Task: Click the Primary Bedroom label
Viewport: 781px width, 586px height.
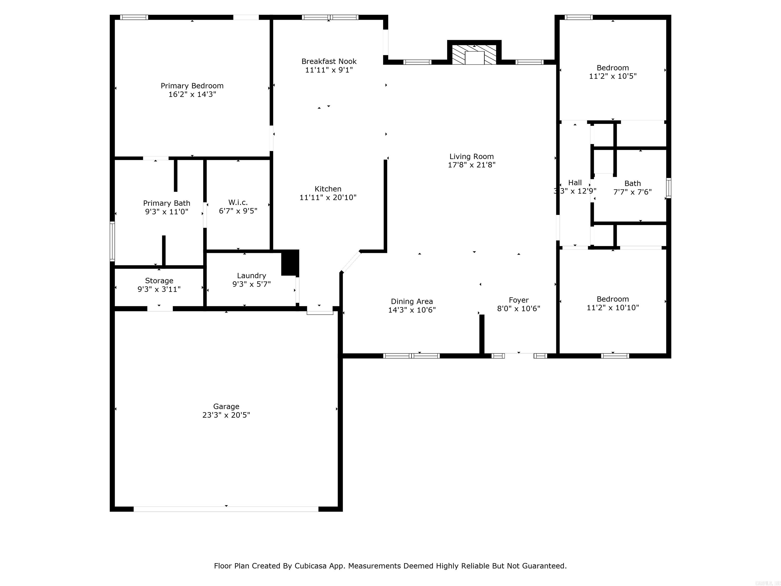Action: [192, 86]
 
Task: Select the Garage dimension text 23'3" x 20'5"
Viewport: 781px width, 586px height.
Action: [226, 415]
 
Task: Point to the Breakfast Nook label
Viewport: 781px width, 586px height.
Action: [329, 62]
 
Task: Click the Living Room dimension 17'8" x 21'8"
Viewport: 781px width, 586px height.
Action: [471, 165]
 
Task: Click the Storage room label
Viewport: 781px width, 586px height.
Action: [159, 281]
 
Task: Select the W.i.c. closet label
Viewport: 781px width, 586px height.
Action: [238, 202]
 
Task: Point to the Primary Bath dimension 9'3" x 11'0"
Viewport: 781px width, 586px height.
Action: [167, 212]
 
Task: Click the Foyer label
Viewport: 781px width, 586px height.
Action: [518, 300]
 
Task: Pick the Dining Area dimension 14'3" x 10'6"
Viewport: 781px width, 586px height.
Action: [412, 310]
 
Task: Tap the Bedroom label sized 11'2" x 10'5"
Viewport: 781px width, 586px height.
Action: [613, 68]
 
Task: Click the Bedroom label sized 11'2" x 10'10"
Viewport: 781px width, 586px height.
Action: [613, 299]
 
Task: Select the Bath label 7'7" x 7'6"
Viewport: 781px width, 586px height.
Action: [632, 184]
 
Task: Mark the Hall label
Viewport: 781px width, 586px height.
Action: [575, 183]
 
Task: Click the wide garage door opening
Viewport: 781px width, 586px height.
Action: [226, 509]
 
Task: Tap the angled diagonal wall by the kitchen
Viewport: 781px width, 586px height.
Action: [351, 261]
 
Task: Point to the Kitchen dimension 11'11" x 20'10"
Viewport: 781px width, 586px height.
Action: [328, 198]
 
